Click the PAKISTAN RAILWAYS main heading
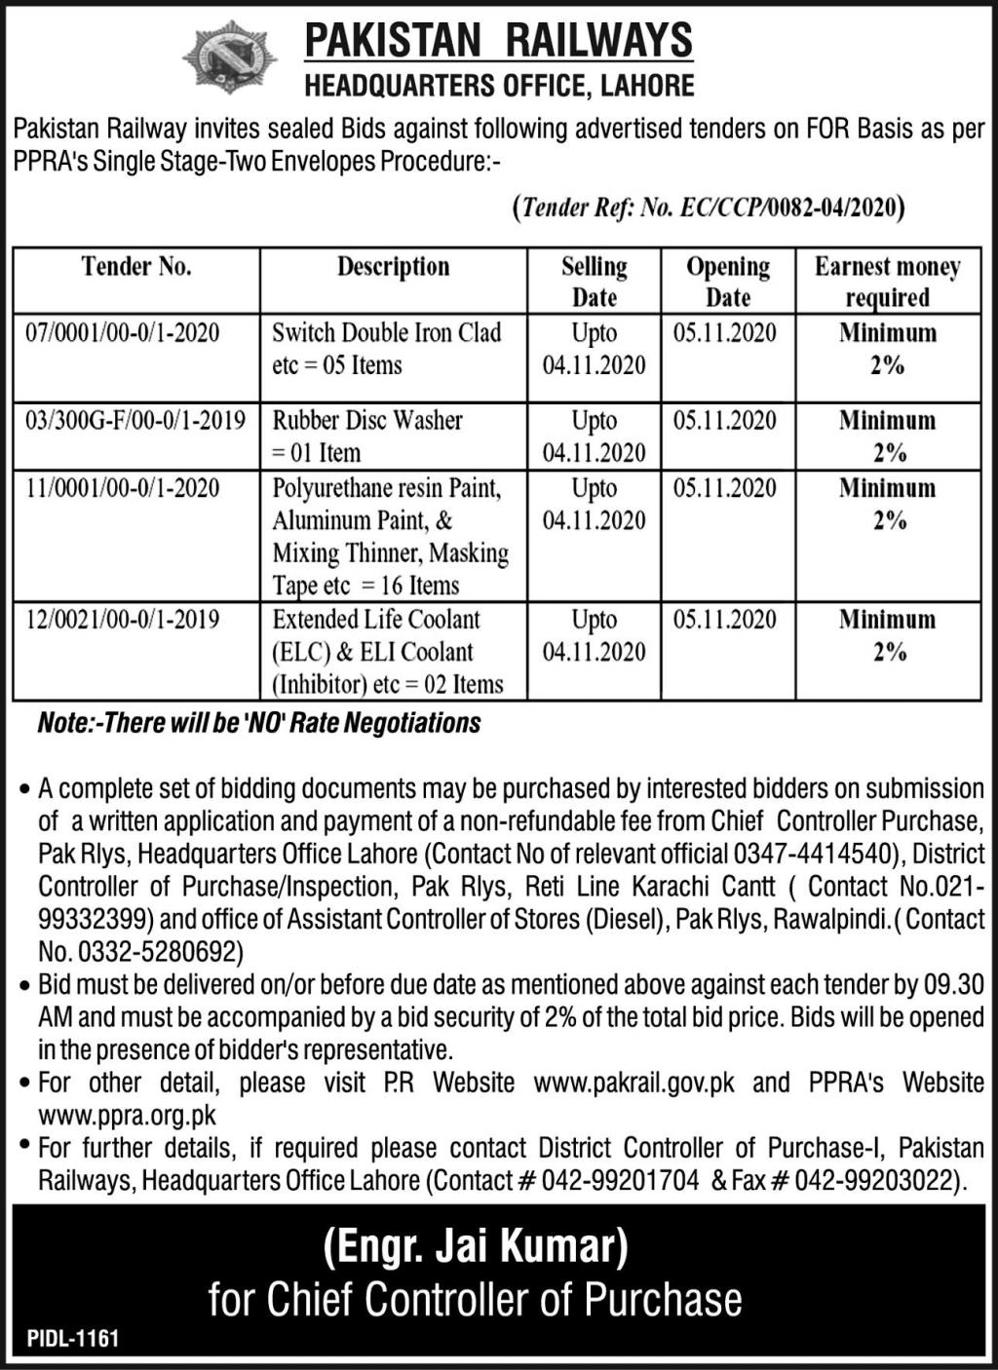[x=498, y=41]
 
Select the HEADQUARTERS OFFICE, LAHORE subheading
[x=499, y=86]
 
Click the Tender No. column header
[x=136, y=267]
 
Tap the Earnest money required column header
[x=887, y=282]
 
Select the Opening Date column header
[x=727, y=282]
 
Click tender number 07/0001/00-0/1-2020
[x=123, y=333]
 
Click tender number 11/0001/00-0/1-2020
[x=123, y=487]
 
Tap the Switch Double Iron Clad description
[x=386, y=349]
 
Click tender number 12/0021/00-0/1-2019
[x=123, y=619]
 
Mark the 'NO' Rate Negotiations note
[x=259, y=723]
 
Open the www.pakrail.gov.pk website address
[x=633, y=1083]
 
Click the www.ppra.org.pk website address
[x=128, y=1115]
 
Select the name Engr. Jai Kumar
[x=476, y=1244]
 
